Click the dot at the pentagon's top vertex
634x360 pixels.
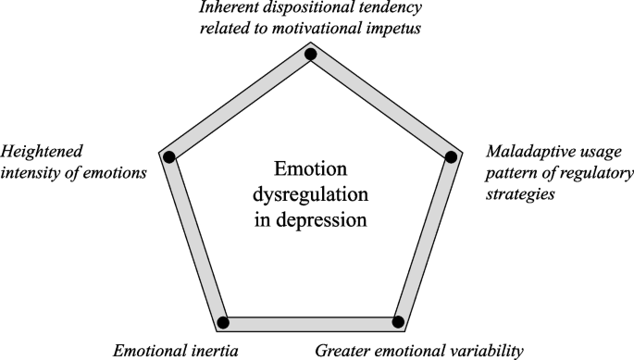point(311,55)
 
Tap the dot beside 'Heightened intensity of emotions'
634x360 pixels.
point(169,156)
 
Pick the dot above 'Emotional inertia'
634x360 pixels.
point(223,322)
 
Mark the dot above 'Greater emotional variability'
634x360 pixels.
point(399,322)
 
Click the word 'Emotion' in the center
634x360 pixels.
point(311,171)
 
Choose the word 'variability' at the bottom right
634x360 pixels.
point(489,351)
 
